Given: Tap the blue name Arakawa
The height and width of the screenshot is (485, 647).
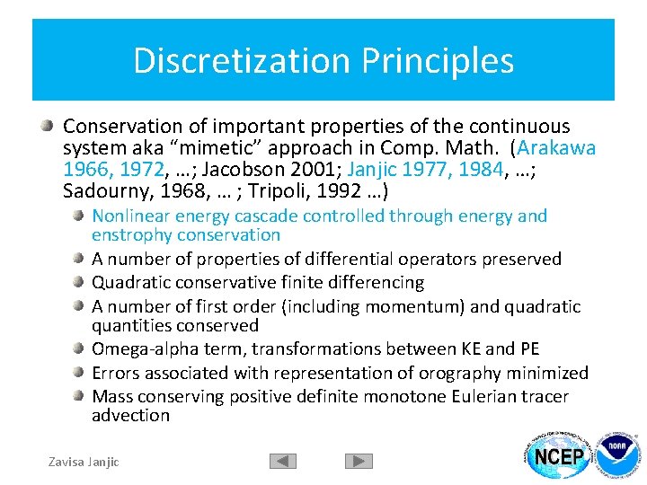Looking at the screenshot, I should coord(557,148).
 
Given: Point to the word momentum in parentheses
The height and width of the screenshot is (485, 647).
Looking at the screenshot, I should coord(418,306).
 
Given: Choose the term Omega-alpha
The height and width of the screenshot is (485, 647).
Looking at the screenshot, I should coord(146,349).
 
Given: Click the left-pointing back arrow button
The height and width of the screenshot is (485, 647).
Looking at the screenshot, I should coord(283,462).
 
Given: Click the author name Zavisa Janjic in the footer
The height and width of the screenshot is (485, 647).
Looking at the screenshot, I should coord(84,462).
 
